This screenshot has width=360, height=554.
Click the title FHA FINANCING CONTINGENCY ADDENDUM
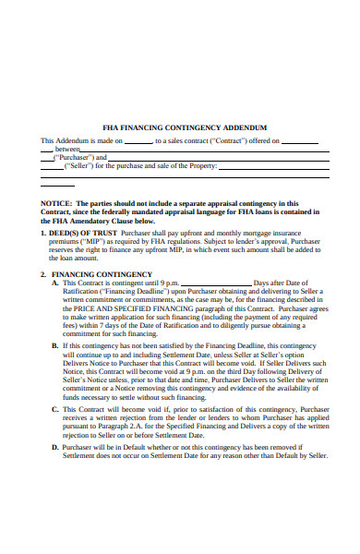[x=185, y=127]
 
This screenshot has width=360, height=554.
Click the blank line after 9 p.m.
[x=216, y=283]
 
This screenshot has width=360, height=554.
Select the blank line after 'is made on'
[x=138, y=141]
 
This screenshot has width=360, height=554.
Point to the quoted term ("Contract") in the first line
[x=218, y=141]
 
